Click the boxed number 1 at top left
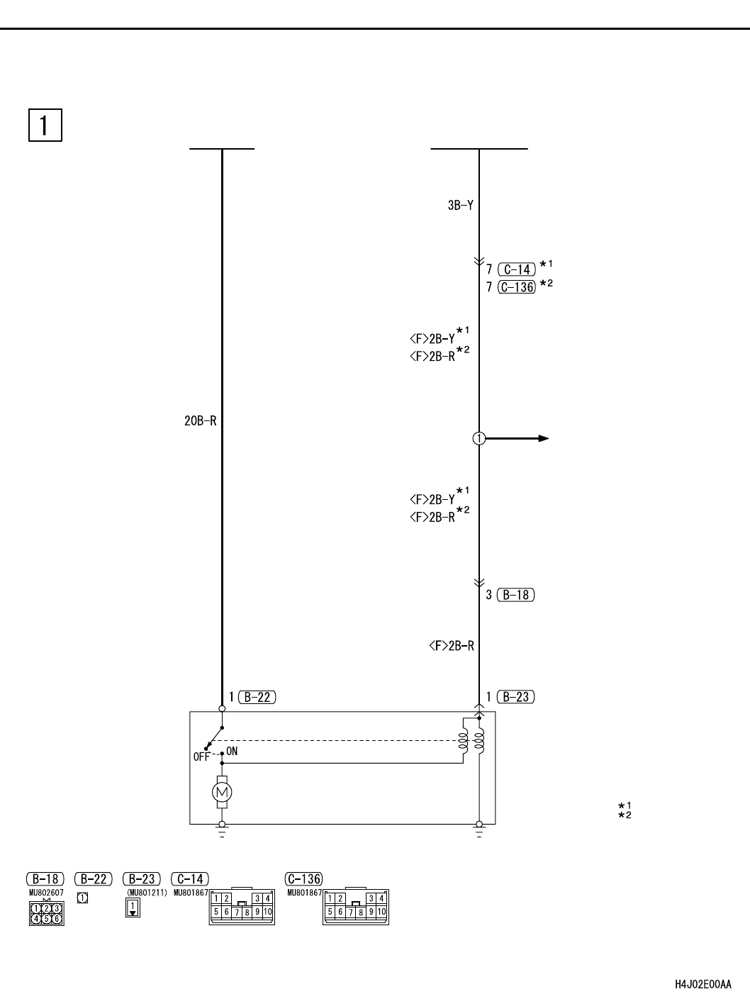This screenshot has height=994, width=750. (x=45, y=125)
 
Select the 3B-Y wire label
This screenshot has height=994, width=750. (x=460, y=206)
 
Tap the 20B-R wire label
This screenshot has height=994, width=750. (x=201, y=421)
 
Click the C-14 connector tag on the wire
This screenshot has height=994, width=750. (x=517, y=269)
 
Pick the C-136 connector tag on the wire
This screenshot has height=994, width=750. (x=517, y=287)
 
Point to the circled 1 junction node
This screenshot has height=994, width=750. (x=479, y=438)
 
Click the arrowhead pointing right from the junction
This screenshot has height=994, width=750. (x=544, y=438)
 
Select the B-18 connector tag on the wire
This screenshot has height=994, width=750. (x=515, y=595)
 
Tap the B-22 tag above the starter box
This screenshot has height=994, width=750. (x=257, y=697)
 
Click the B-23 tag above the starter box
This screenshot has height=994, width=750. (x=515, y=697)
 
